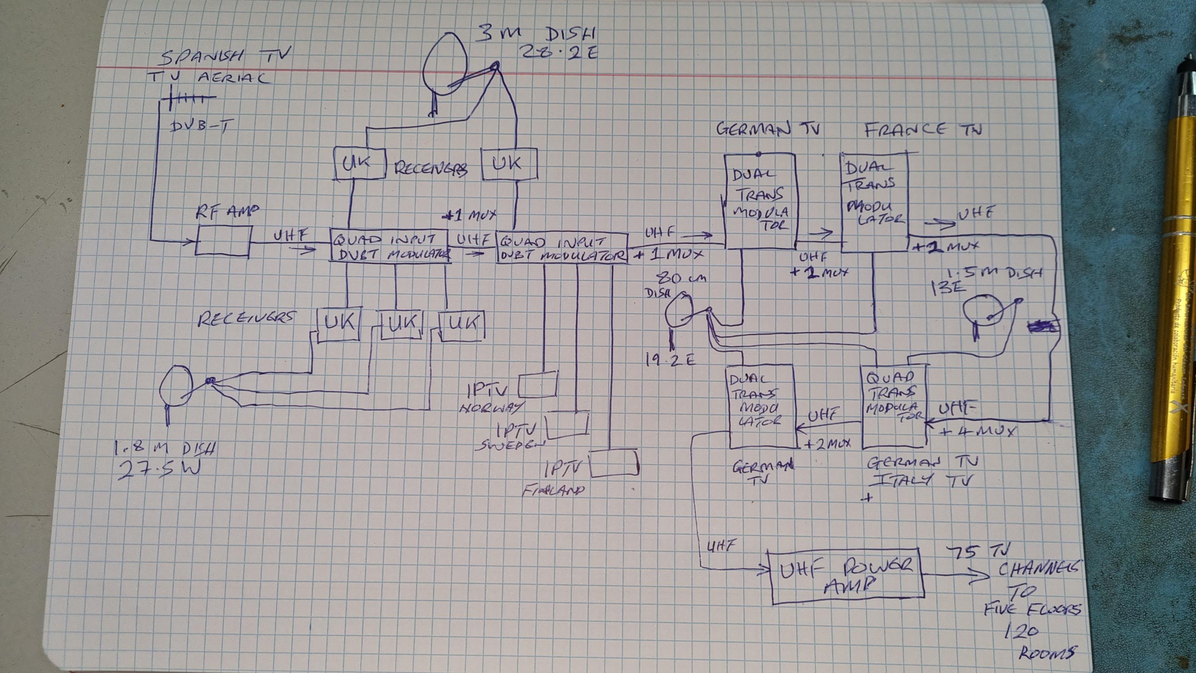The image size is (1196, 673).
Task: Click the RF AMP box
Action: click(223, 240)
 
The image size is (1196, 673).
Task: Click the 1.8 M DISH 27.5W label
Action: click(163, 459)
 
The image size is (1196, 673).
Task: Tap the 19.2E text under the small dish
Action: click(670, 359)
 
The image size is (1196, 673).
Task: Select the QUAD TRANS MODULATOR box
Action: click(893, 405)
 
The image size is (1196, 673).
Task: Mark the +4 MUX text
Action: click(977, 431)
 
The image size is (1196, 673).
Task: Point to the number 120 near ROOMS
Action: click(1021, 631)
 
